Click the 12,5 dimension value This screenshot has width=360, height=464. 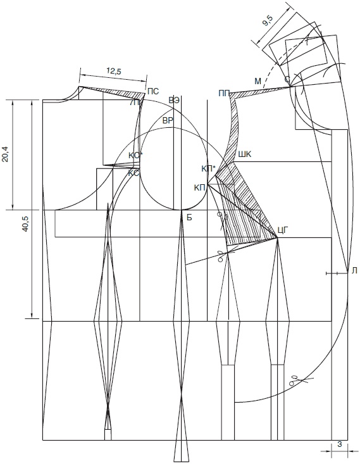click(114, 71)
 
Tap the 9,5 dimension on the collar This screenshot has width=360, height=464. click(268, 22)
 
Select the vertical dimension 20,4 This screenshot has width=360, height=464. click(6, 154)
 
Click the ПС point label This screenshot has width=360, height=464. click(153, 91)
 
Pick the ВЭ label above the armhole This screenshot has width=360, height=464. click(174, 100)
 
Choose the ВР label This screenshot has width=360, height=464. click(168, 121)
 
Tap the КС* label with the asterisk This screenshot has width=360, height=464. click(135, 155)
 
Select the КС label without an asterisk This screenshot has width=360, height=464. click(133, 173)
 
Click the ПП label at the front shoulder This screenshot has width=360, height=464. click(224, 94)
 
